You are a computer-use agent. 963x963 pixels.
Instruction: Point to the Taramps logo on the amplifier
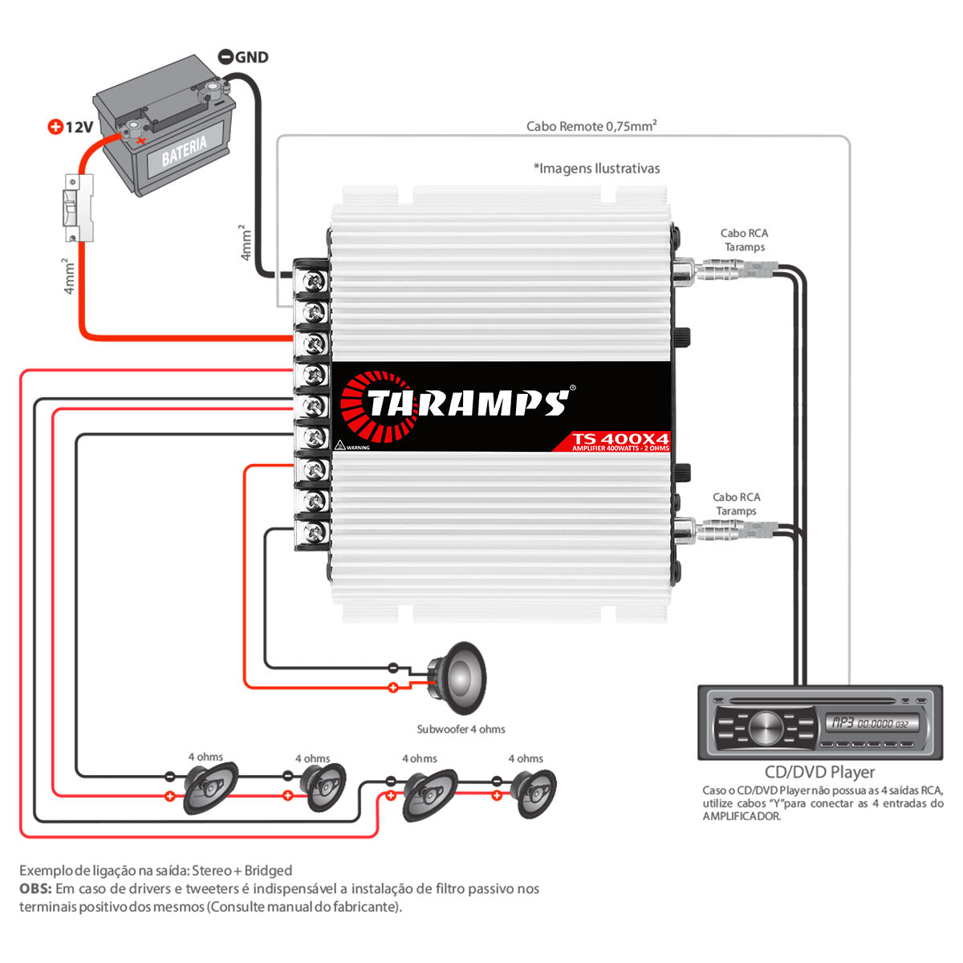[x=457, y=401]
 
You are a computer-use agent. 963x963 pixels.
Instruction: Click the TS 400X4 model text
[x=620, y=439]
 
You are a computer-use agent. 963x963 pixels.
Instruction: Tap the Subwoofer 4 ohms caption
[x=461, y=729]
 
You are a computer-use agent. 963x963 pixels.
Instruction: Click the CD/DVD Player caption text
[x=819, y=772]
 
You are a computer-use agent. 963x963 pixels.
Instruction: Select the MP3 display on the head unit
[x=872, y=723]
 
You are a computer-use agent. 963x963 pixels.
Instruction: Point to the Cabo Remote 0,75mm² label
[x=592, y=126]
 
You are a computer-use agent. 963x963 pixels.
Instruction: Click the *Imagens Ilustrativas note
[x=596, y=169]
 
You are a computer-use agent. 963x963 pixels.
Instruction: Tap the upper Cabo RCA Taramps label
[x=744, y=240]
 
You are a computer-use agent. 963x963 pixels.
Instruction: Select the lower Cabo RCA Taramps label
[x=736, y=504]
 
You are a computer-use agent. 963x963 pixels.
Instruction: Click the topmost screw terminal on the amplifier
[x=314, y=280]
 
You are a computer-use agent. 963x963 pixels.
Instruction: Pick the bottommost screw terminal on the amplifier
[x=314, y=531]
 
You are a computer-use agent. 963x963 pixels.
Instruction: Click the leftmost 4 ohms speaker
[x=210, y=789]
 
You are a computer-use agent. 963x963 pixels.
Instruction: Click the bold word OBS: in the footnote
[x=36, y=889]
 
